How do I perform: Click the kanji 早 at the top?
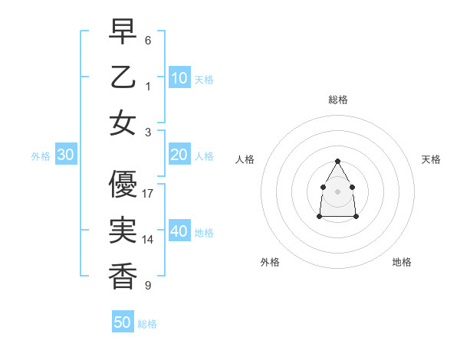pos(123,32)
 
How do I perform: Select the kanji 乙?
pos(123,77)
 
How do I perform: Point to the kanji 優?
pos(123,185)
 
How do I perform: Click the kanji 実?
pos(123,231)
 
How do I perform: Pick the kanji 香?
pos(123,276)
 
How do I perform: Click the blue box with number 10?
pos(179,78)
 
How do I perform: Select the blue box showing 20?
pos(179,155)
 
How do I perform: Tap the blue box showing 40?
pos(179,231)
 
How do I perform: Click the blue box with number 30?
pos(65,155)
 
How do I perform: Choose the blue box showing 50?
pos(123,322)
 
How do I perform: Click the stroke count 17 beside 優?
pos(149,194)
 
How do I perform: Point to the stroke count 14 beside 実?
pos(149,240)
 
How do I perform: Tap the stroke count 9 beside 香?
pos(148,286)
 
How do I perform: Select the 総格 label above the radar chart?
pos(338,100)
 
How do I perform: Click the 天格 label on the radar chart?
pos(432,159)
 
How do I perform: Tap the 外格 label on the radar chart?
pos(270,262)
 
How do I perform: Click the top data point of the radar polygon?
pos(338,161)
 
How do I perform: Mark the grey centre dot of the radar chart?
pos(338,191)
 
